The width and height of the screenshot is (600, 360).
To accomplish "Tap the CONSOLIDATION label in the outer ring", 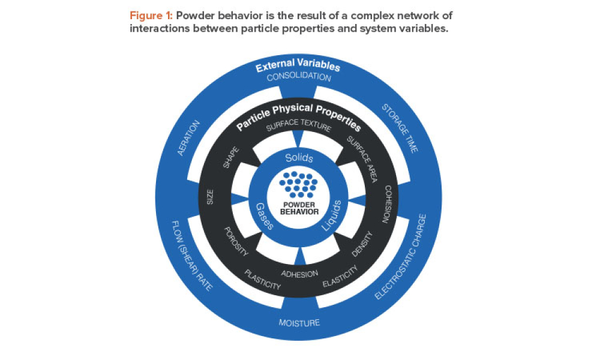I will (x=298, y=77).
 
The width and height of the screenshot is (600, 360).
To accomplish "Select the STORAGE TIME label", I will (x=400, y=128).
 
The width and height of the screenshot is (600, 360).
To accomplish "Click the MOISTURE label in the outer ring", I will (x=299, y=323).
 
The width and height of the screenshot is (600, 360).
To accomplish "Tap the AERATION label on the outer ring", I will (x=189, y=137).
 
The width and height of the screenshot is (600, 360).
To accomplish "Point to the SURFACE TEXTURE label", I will (x=298, y=127).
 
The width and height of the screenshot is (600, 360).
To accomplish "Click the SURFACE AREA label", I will (x=360, y=157).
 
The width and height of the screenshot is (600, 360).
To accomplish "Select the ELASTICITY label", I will (x=340, y=277).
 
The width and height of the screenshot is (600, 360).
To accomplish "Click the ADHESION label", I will (x=299, y=274).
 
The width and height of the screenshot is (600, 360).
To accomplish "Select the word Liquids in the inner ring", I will (x=334, y=215).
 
